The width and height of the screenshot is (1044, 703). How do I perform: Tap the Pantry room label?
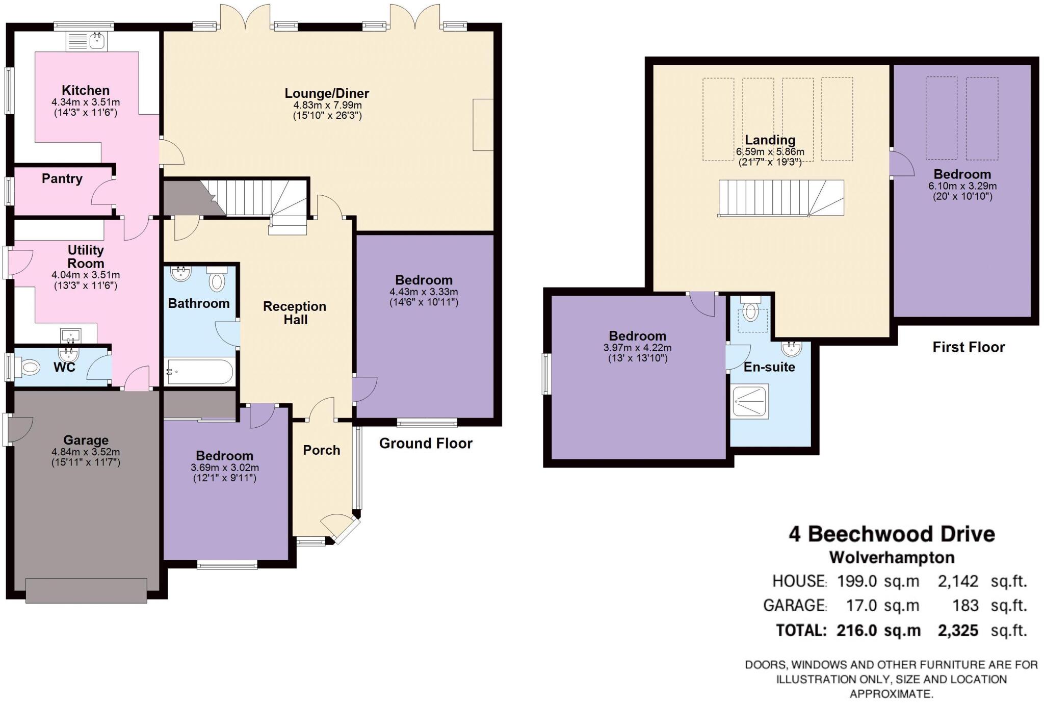[62, 179]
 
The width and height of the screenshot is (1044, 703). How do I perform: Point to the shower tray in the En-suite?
[749, 402]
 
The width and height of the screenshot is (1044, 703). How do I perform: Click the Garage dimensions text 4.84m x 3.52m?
[86, 452]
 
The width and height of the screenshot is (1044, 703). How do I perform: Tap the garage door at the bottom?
[86, 590]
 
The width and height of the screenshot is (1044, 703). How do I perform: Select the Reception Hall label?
[295, 313]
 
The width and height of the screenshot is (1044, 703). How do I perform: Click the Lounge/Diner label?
[327, 93]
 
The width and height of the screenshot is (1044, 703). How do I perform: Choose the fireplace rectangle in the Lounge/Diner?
[483, 125]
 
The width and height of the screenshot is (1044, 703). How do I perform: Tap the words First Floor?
[969, 348]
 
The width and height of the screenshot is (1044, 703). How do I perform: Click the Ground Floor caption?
[426, 444]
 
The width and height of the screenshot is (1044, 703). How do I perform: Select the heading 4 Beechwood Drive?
[892, 534]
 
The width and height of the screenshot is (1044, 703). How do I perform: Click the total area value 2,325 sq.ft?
[981, 631]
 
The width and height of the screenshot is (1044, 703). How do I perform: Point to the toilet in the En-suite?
[750, 310]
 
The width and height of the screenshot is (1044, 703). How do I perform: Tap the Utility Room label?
[86, 257]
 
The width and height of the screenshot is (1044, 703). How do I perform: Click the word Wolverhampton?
[892, 558]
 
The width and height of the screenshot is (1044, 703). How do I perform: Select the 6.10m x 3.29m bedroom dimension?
[962, 186]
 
